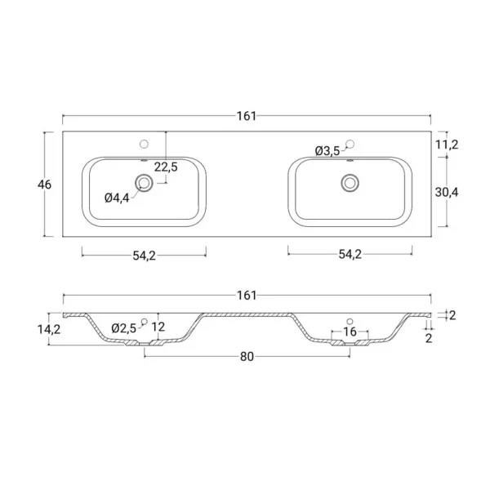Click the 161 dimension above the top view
[x=247, y=116]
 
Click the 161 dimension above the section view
[x=247, y=296]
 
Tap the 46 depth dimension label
[x=44, y=185]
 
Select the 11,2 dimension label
[x=447, y=145]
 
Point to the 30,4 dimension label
[x=447, y=192]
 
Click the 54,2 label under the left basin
[x=144, y=256]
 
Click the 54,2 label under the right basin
[x=350, y=254]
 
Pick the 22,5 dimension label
[x=166, y=167]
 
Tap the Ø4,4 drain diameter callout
[x=117, y=198]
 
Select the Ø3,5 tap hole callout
[x=327, y=151]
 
